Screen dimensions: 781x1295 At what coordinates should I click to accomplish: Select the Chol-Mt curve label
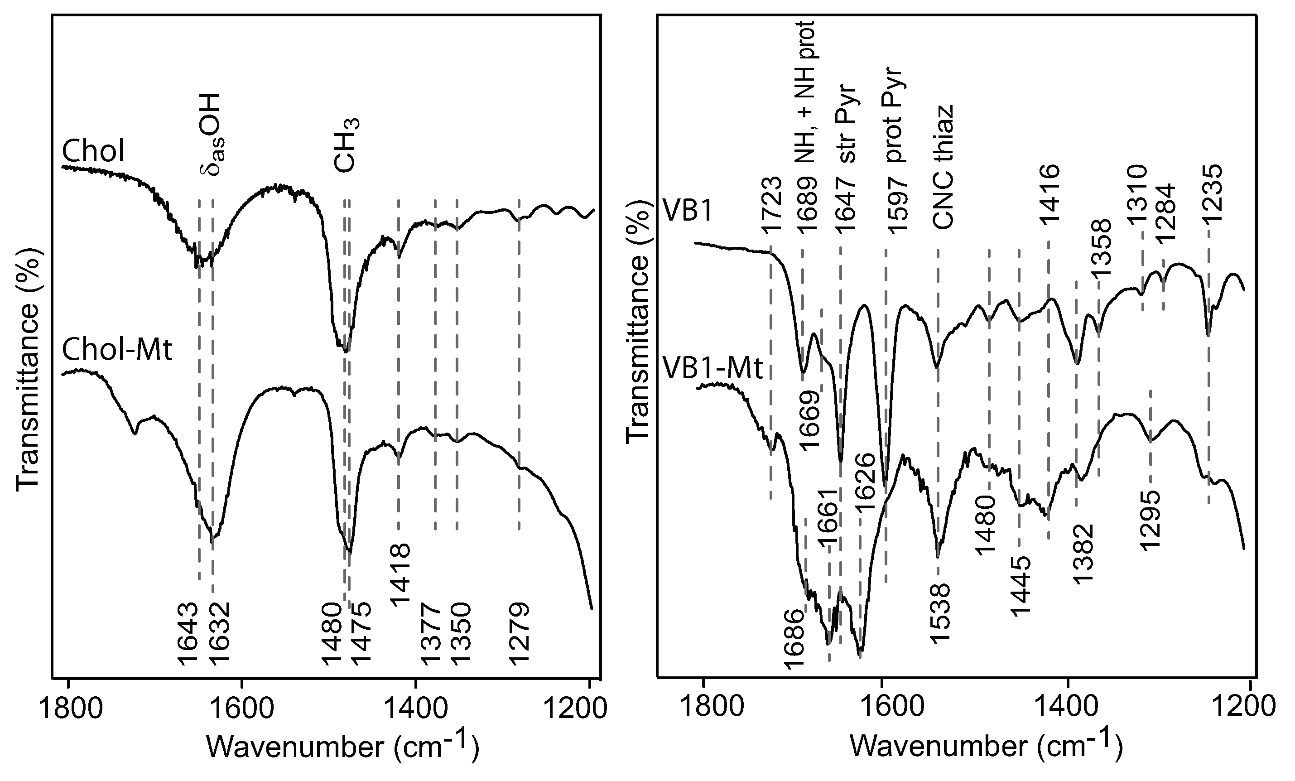coord(117,350)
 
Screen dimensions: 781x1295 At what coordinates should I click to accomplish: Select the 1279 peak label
coord(519,634)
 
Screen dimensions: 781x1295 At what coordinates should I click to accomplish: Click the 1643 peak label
coord(188,634)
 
